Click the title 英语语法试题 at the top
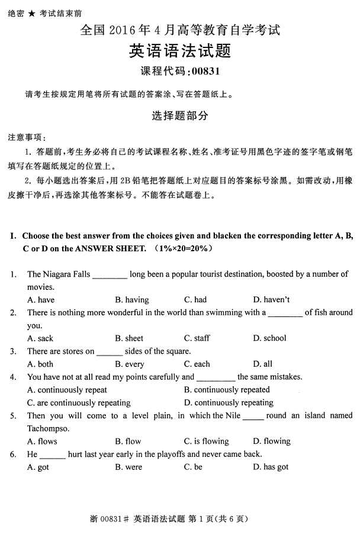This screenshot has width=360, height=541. (x=179, y=52)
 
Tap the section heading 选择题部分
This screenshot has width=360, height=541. (x=179, y=117)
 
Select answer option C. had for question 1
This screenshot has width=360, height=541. (x=195, y=300)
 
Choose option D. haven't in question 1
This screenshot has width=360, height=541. (x=271, y=300)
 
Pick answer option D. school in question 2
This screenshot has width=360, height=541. (x=269, y=338)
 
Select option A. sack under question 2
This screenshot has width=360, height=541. (x=40, y=338)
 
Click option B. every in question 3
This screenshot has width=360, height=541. (x=130, y=364)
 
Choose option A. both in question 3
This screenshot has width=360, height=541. (x=40, y=364)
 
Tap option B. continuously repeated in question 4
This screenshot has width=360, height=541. (x=227, y=390)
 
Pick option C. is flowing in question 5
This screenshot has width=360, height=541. (x=206, y=441)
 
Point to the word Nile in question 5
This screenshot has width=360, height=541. (x=232, y=415)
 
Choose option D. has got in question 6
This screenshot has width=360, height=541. (x=271, y=467)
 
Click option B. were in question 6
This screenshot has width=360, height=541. (x=128, y=467)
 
